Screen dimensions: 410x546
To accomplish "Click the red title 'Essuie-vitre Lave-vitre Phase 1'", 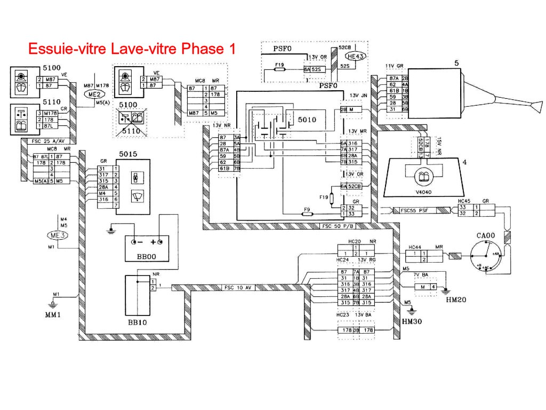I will (131, 49).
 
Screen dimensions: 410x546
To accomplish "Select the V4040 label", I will (424, 192).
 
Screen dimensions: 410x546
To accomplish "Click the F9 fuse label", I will (307, 209).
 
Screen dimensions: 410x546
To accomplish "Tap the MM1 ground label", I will (52, 314).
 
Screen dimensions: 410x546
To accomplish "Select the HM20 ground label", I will (456, 299).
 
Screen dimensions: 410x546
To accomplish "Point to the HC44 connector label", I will (414, 247).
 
